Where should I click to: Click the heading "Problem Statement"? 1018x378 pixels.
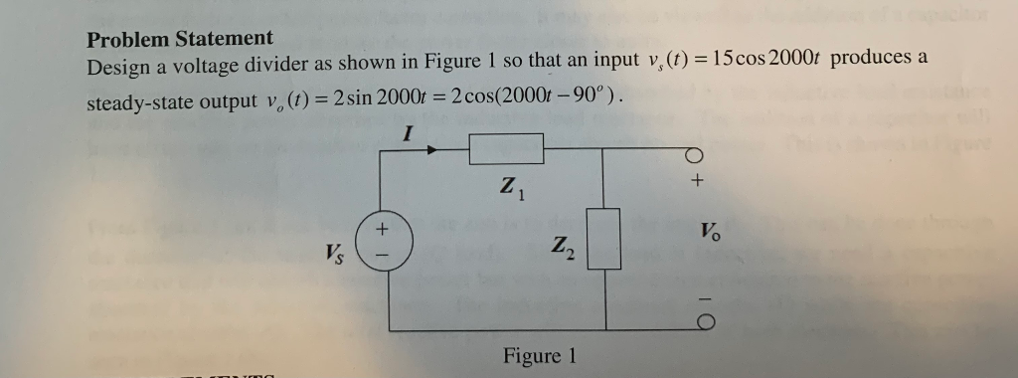click(x=179, y=40)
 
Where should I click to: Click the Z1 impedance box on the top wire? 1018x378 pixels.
click(x=506, y=148)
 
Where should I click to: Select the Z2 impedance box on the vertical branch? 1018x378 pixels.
click(x=604, y=239)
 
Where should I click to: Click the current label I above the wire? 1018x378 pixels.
click(x=409, y=131)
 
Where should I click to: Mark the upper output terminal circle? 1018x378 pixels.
click(x=696, y=155)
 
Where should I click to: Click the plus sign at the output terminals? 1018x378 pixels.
click(x=697, y=183)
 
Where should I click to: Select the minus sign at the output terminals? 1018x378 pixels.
click(x=697, y=297)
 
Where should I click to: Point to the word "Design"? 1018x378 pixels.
click(x=116, y=68)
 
